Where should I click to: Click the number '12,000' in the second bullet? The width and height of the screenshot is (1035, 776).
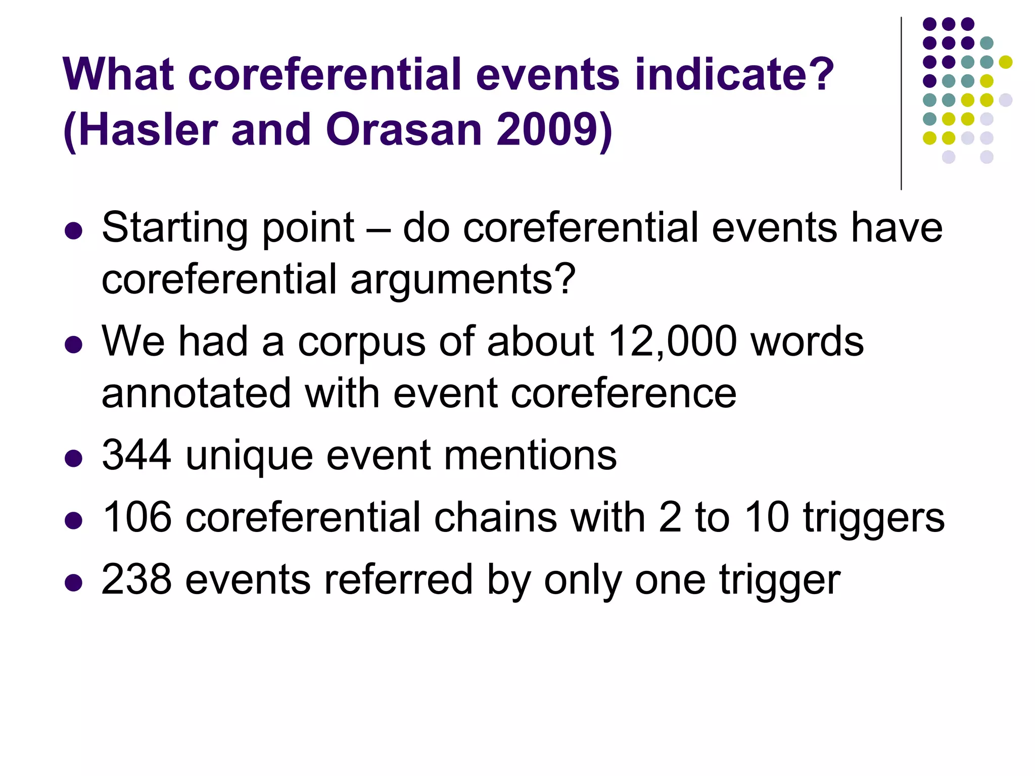(673, 342)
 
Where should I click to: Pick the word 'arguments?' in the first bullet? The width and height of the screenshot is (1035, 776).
(463, 280)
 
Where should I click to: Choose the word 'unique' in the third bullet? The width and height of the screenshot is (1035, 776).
(249, 456)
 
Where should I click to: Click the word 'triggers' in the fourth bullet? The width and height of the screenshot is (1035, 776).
(874, 518)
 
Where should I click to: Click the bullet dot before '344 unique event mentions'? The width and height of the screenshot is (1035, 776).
(74, 459)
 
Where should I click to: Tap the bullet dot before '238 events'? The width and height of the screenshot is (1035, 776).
(74, 583)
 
